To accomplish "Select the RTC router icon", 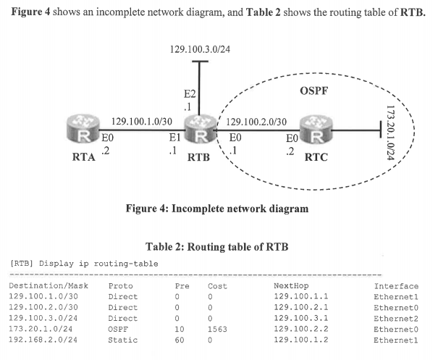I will (x=316, y=129).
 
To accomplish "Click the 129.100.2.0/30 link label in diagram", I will (x=256, y=122).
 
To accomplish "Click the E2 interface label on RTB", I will (x=190, y=94).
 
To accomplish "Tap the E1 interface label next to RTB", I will (x=174, y=136).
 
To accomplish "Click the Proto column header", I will (x=121, y=286).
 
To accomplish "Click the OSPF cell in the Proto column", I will (x=119, y=327).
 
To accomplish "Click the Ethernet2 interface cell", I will (x=396, y=317).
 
